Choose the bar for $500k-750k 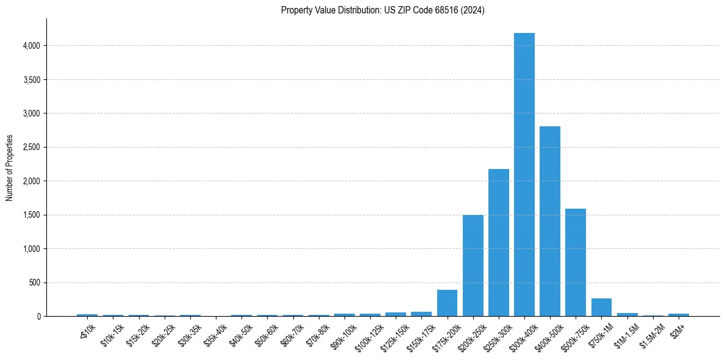click(x=575, y=262)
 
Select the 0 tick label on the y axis click(x=38, y=317)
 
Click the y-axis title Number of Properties click(x=9, y=168)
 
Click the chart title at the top click(x=382, y=10)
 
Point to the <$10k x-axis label click(x=87, y=331)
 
